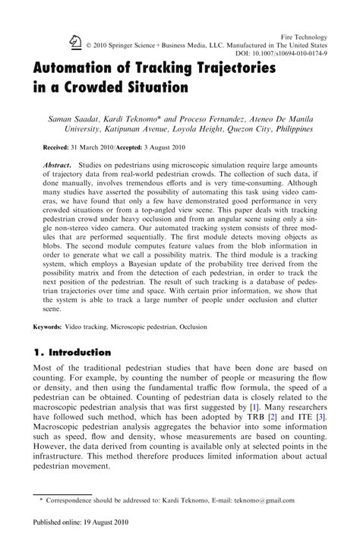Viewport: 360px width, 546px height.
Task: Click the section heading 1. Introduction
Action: pyautogui.click(x=73, y=352)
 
